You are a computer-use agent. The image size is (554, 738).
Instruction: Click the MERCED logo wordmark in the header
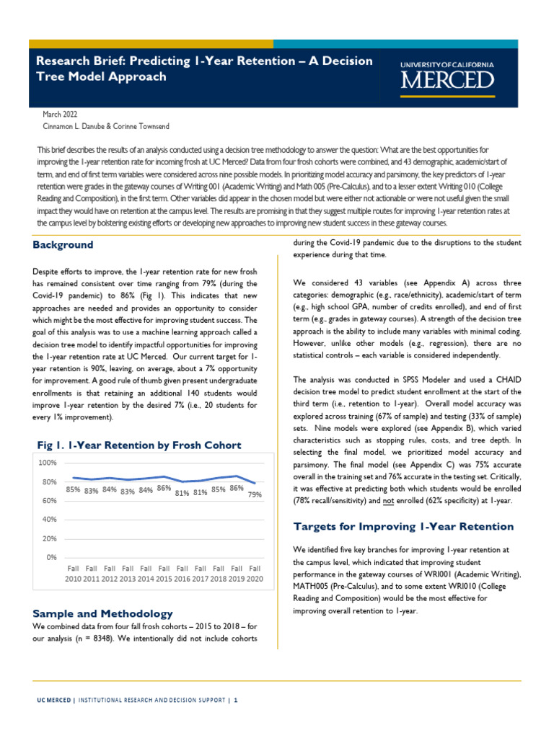point(447,80)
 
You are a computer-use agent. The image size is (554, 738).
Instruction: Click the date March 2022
point(61,114)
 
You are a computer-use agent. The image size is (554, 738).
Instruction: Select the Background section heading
point(63,245)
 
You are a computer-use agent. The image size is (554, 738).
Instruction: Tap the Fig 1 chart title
point(137,445)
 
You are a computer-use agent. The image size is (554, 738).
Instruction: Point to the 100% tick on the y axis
point(48,463)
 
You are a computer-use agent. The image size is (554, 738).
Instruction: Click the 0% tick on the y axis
point(51,557)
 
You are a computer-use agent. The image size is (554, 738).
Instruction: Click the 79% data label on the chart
point(255,494)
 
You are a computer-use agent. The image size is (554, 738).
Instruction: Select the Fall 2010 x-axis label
point(73,574)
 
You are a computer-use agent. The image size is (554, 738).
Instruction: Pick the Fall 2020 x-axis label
point(255,574)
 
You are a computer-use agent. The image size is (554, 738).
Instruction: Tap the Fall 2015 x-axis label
point(164,574)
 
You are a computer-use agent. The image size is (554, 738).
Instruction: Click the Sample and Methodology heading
point(102,613)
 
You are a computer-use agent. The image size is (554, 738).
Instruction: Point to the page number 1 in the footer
point(235,700)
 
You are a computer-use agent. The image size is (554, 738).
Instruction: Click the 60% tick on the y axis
point(49,500)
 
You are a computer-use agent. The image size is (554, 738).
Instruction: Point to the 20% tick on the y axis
point(49,538)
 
